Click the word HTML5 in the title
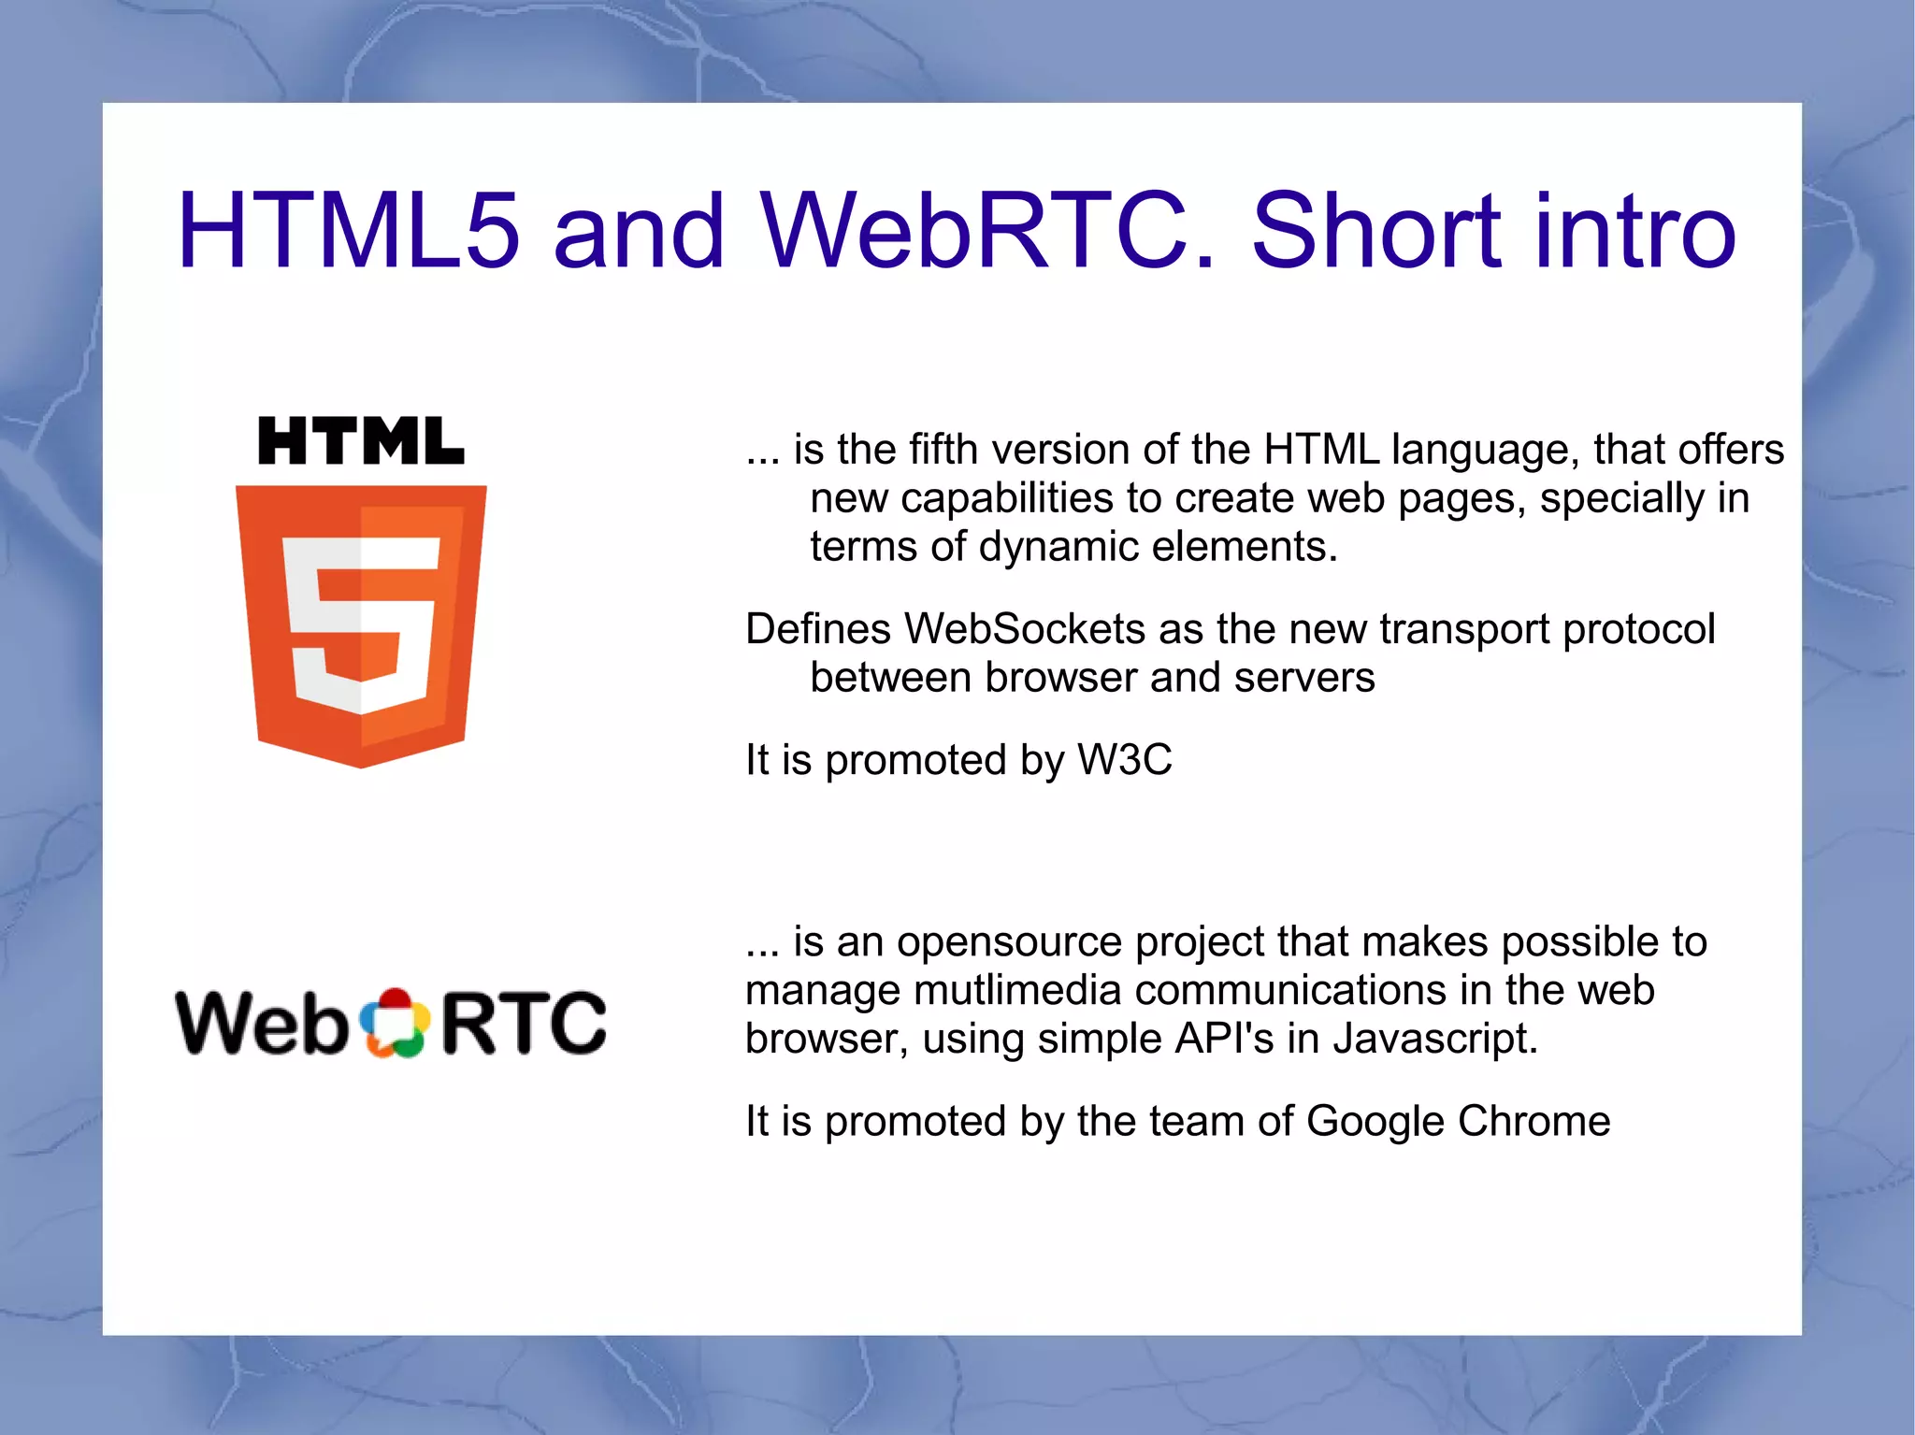pyautogui.click(x=347, y=231)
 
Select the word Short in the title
pyautogui.click(x=1375, y=231)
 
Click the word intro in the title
pyautogui.click(x=1633, y=231)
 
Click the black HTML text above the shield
pyautogui.click(x=361, y=441)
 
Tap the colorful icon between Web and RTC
pyautogui.click(x=395, y=1023)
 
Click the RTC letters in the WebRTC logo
pyautogui.click(x=524, y=1023)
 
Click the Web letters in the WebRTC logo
pyautogui.click(x=263, y=1023)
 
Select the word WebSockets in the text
pyautogui.click(x=1024, y=628)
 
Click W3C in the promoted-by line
pyautogui.click(x=1124, y=759)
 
